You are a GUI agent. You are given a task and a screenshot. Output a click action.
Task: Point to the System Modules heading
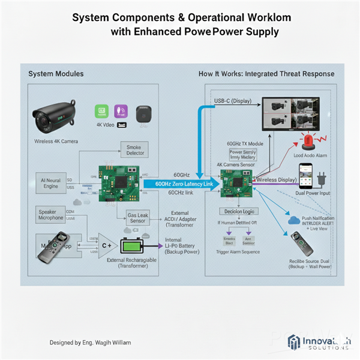56,73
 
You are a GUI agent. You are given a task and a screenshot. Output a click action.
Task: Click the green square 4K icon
101,111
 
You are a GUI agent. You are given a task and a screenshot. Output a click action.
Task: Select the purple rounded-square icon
119,111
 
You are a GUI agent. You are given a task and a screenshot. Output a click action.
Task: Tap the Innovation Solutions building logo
294,343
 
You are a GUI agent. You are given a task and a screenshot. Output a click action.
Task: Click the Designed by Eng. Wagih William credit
89,342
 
